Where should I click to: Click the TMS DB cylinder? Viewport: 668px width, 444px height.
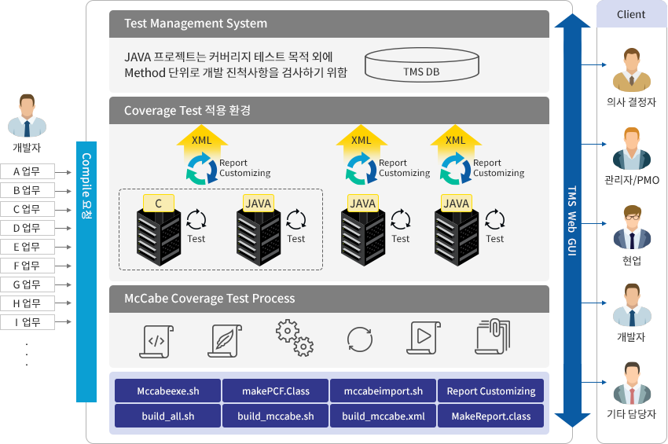[422, 64]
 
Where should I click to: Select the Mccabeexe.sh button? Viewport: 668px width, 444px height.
[168, 391]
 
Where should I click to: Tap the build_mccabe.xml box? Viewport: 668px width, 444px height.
[383, 416]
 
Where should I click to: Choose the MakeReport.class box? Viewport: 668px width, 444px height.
[490, 416]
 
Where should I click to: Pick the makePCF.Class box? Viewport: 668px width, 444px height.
[276, 391]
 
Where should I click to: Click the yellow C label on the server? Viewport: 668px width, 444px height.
[159, 204]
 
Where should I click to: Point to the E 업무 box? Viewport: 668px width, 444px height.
[28, 247]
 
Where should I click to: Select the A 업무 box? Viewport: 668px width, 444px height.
[28, 171]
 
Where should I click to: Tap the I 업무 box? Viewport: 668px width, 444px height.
[28, 322]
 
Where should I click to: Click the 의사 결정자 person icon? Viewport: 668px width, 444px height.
[631, 70]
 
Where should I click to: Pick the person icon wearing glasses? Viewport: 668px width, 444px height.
[632, 227]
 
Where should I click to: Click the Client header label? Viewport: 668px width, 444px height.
[631, 14]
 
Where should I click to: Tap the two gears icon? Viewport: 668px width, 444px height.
[295, 337]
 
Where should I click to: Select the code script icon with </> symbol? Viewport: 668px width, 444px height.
[156, 341]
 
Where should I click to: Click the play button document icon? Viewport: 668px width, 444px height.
[424, 338]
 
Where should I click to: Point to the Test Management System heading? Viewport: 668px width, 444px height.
[196, 24]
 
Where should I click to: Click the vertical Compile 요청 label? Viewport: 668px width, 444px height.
[86, 186]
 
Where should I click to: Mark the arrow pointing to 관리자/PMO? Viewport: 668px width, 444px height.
[594, 144]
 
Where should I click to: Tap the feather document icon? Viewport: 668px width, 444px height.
[225, 341]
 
